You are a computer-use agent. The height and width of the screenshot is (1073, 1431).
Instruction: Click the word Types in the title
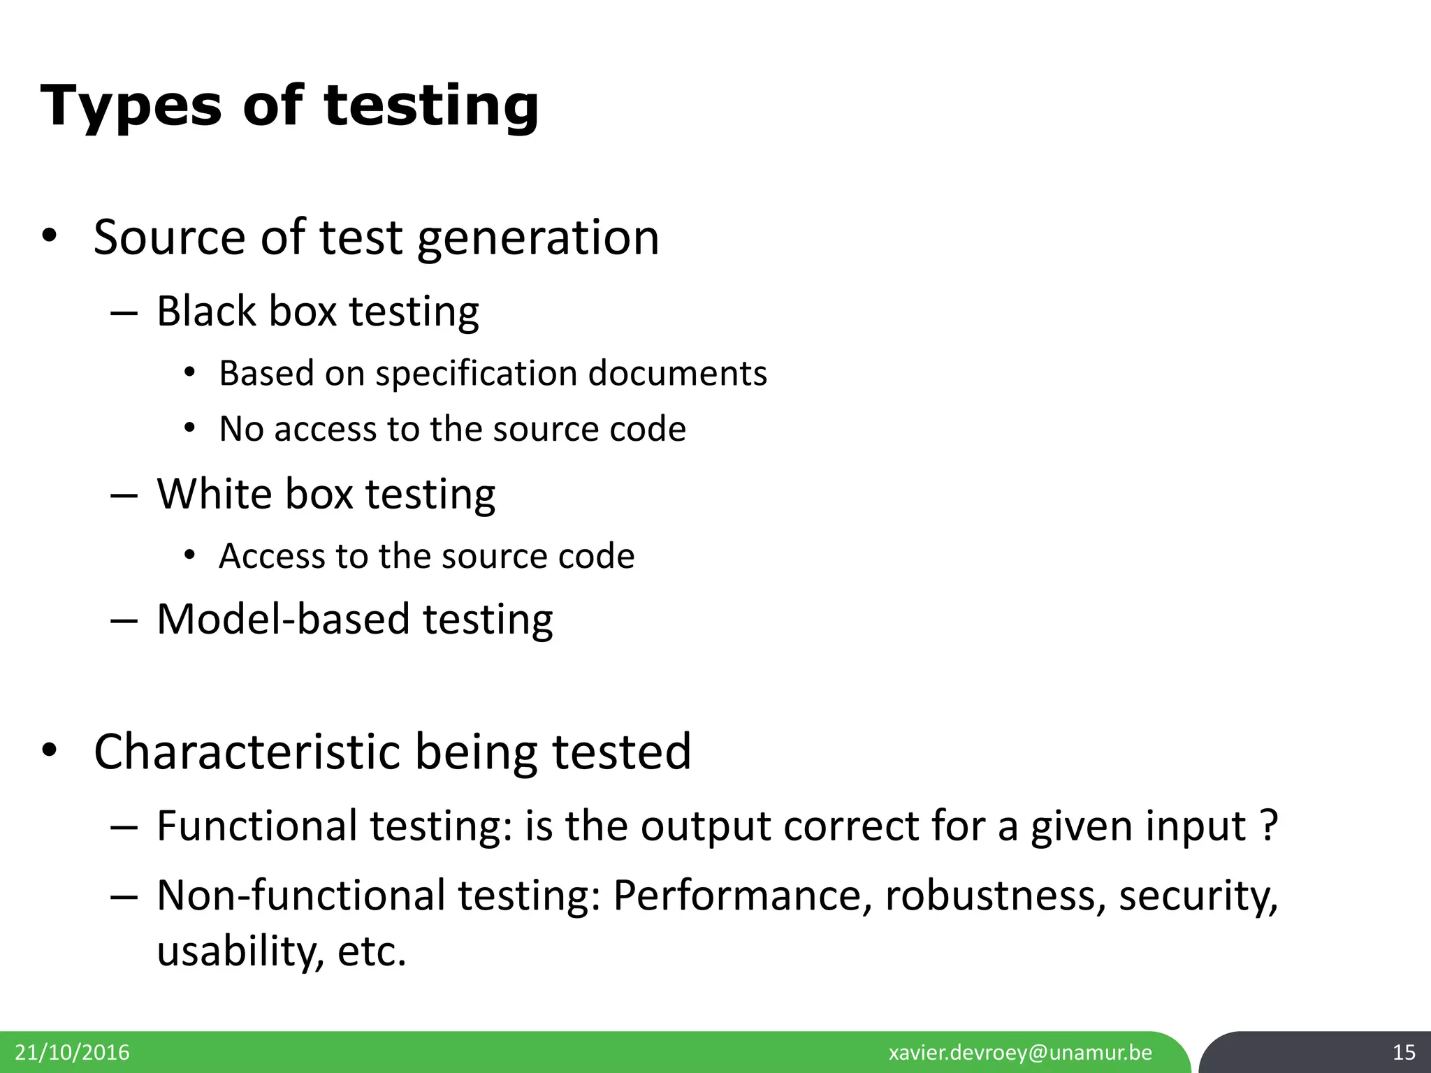(x=130, y=106)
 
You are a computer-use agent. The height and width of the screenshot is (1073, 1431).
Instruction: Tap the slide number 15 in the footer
(x=1404, y=1052)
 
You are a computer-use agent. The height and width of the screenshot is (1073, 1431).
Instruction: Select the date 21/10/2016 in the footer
(x=73, y=1053)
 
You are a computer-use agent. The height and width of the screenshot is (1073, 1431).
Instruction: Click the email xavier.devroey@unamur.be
(x=1020, y=1053)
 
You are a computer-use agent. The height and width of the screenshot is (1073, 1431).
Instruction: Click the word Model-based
(x=282, y=619)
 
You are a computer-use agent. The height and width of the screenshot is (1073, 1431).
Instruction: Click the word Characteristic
(x=247, y=752)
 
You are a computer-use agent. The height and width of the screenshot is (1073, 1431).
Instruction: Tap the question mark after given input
(x=1271, y=826)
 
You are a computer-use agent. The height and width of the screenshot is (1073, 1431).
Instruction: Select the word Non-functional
(x=301, y=896)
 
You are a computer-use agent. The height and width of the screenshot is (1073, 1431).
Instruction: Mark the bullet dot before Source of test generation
(x=48, y=238)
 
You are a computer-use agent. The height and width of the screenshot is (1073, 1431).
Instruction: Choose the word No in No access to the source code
(x=240, y=429)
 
